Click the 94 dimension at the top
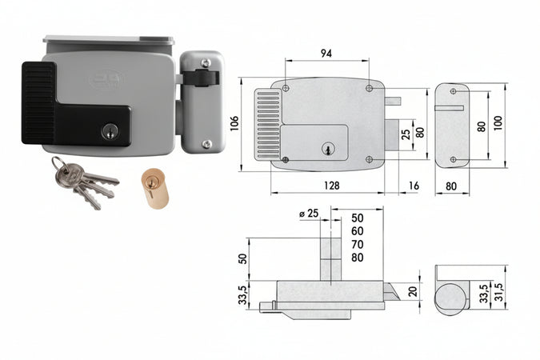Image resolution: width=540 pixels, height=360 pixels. click(326, 54)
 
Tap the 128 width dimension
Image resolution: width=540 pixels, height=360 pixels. click(330, 185)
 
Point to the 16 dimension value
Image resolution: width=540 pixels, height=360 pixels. click(413, 185)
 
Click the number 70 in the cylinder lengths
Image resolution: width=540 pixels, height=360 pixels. click(357, 244)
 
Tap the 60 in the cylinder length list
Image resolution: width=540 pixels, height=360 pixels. click(357, 230)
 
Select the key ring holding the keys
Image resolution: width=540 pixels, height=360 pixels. click(60, 166)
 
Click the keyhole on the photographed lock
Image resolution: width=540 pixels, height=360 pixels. click(110, 130)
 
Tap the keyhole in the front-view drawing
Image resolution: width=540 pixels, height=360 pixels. click(326, 149)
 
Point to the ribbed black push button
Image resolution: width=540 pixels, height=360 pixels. click(38, 102)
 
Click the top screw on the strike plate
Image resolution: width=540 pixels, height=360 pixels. click(206, 62)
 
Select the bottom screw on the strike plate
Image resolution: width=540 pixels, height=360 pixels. click(206, 144)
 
